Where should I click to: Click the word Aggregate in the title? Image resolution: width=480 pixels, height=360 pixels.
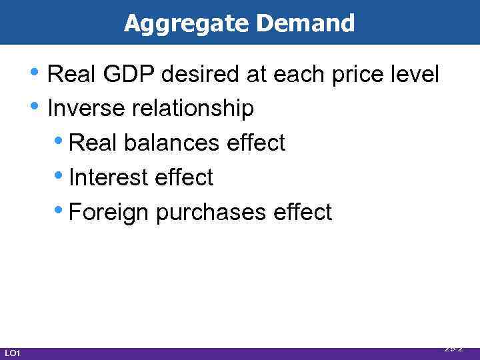[187, 24]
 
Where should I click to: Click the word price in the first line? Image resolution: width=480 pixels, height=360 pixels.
[355, 75]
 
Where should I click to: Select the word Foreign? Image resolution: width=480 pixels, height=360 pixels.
[110, 212]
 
